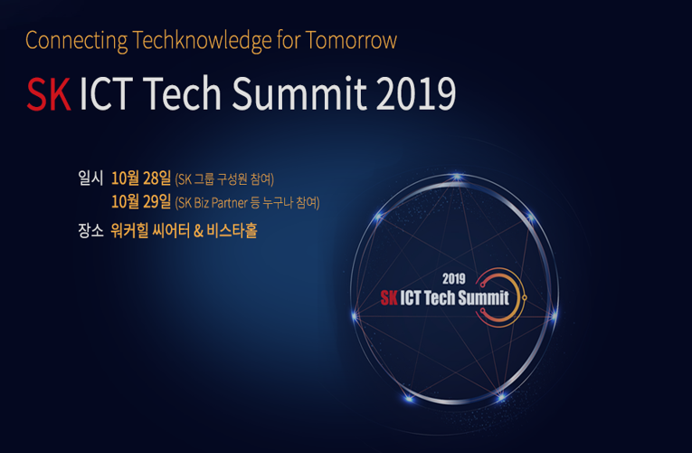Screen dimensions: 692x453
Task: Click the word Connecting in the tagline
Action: (76, 41)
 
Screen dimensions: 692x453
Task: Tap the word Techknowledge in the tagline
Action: (202, 41)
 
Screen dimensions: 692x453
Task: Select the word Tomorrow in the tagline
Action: (351, 40)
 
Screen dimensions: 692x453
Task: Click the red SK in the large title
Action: (49, 93)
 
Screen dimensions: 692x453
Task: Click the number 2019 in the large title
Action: (416, 93)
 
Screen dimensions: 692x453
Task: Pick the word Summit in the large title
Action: (299, 93)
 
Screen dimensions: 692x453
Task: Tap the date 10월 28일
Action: (141, 178)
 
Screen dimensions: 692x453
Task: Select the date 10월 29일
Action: (141, 202)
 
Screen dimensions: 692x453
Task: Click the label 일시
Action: (90, 178)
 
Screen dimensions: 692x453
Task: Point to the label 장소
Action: (90, 230)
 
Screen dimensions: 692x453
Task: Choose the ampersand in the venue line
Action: (198, 231)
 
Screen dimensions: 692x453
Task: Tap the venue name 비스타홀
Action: (232, 230)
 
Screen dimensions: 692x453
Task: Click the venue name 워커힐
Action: (129, 230)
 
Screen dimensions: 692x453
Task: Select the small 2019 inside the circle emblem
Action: (454, 279)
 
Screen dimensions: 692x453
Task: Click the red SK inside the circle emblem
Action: (389, 298)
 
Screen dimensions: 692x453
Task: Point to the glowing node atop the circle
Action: (457, 178)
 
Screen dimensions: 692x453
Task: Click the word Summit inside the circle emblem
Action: (484, 298)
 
